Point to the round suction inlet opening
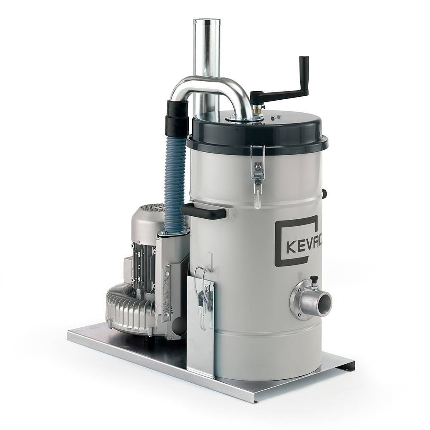click(324, 302)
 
